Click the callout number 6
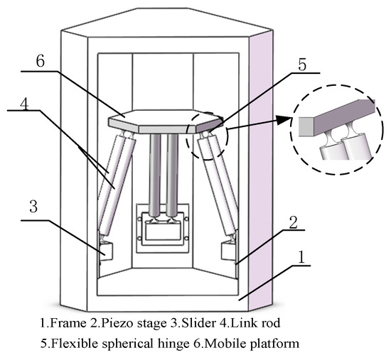coord(41,62)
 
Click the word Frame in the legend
coord(65,323)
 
